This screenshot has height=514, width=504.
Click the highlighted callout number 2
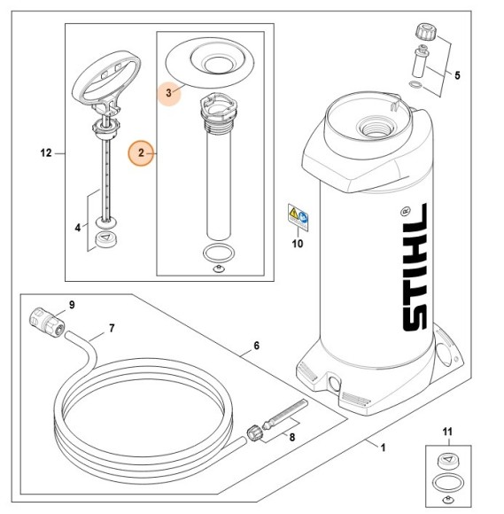click(141, 153)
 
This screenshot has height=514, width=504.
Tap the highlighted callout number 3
click(168, 93)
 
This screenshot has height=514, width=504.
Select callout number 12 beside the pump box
click(46, 153)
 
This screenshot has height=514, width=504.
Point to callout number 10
click(298, 244)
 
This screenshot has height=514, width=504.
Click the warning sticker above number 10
click(298, 218)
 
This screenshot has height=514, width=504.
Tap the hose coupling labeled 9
click(48, 321)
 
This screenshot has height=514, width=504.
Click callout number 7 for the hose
click(112, 328)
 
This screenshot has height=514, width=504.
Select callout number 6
click(256, 346)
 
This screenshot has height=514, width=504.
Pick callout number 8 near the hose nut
click(291, 437)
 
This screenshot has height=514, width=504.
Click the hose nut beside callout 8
click(254, 433)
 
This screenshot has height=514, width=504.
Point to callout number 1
click(383, 448)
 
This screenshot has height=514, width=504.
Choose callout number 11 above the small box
click(447, 432)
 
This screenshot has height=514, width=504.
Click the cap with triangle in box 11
click(448, 462)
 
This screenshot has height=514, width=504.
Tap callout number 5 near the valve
click(457, 75)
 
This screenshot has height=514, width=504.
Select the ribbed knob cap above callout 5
click(426, 32)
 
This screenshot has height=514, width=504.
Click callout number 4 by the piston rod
click(78, 228)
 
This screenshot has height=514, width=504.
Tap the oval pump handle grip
click(106, 78)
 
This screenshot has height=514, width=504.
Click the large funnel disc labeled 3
click(210, 62)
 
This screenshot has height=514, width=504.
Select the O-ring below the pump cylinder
click(219, 253)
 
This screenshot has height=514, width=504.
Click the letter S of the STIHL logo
click(415, 318)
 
